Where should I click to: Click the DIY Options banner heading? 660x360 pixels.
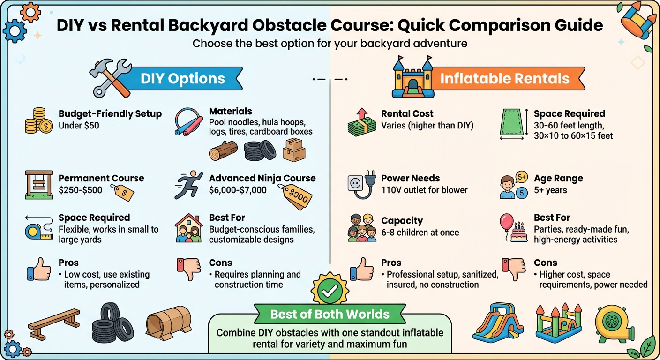tap(183, 79)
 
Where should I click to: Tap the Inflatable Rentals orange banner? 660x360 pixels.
tap(504, 78)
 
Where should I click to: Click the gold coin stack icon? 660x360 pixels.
tap(37, 120)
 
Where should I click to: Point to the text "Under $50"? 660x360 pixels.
tap(79, 126)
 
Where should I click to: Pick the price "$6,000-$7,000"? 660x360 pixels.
tap(238, 190)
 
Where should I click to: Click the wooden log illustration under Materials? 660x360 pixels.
tap(223, 151)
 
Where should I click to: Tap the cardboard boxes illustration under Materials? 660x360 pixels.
tap(294, 150)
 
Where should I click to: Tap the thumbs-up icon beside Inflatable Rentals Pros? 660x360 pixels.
tap(362, 270)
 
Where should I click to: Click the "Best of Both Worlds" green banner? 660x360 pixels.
tap(330, 314)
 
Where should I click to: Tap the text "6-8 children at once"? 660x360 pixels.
tap(420, 232)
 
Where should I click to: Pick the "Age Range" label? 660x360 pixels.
tap(558, 178)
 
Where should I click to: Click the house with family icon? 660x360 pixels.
tap(188, 229)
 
